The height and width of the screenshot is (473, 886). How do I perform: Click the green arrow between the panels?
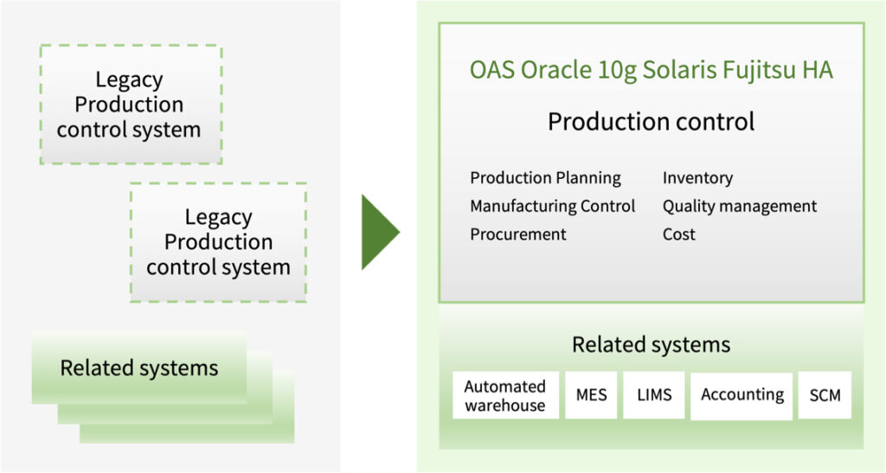(380, 232)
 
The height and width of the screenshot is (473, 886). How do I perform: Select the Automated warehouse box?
(505, 395)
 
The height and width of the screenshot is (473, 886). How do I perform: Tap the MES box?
(591, 395)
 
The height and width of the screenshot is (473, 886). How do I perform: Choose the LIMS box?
(654, 395)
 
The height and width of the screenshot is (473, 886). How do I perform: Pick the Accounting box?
(742, 396)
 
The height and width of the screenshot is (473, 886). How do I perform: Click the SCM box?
(825, 395)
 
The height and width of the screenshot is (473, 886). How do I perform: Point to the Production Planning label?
(545, 178)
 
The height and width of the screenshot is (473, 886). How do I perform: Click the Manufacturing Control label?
(553, 206)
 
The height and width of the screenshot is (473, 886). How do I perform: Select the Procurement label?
(518, 234)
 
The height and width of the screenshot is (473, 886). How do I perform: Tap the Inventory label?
(698, 178)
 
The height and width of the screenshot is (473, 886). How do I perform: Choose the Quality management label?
(740, 207)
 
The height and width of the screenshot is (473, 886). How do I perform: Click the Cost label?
(679, 234)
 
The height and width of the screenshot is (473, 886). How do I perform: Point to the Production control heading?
(651, 121)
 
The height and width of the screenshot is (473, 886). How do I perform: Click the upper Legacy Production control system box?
(132, 105)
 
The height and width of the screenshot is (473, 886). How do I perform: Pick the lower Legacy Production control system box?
(219, 242)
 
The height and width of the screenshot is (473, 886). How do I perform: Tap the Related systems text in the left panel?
(139, 368)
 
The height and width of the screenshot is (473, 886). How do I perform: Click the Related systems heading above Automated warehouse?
(651, 344)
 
